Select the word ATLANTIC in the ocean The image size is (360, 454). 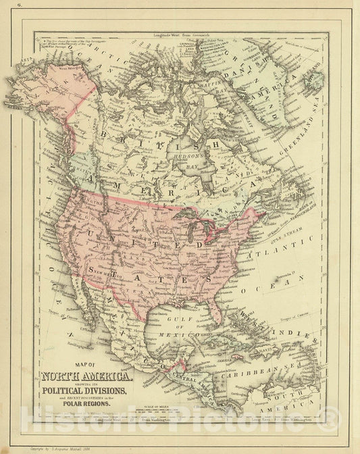point(274,253)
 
